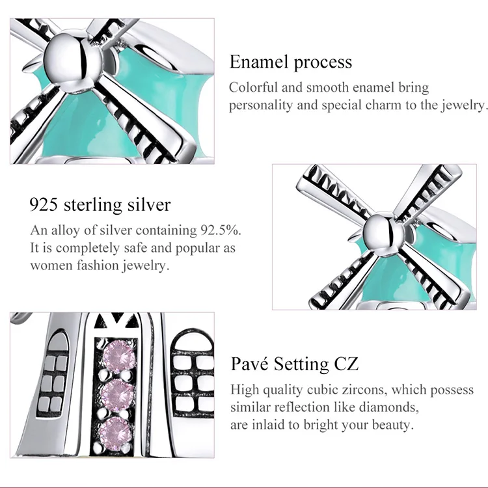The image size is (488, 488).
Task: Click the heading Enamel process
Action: pos(290,62)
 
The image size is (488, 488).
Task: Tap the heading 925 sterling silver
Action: pos(100,206)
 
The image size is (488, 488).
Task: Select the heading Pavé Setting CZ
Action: pos(294,364)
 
